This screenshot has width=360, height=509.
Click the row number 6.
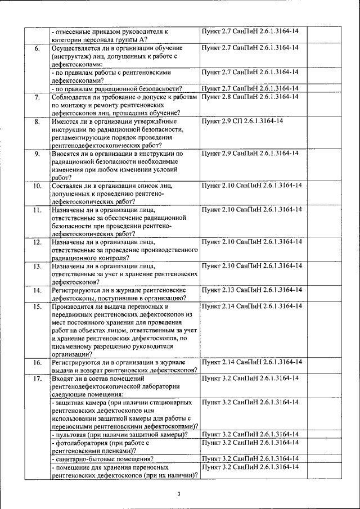[37, 48]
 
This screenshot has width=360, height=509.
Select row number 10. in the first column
[37, 185]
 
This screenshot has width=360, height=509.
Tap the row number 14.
[37, 290]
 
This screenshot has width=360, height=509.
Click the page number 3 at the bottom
[178, 494]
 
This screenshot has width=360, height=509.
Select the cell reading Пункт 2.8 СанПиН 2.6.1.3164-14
[250, 97]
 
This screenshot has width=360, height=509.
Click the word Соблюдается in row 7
[72, 97]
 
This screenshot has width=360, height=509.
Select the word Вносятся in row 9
[67, 153]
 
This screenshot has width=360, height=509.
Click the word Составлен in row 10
[69, 185]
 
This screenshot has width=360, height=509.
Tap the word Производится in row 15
[74, 307]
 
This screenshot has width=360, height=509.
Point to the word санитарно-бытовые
[85, 459]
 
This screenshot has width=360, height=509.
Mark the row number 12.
[37, 242]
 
